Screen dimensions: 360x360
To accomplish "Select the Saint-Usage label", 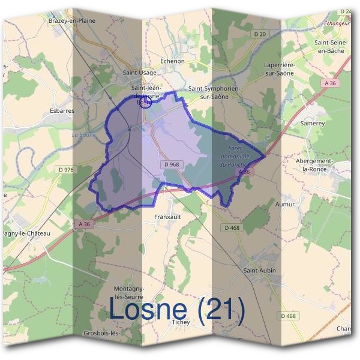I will click(139, 73).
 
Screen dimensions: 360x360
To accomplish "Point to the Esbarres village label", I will click(62, 110).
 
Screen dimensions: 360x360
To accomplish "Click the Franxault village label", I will click(167, 216).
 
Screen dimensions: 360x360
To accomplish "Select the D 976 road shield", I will click(66, 170).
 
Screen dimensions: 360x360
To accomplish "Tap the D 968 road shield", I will click(171, 164).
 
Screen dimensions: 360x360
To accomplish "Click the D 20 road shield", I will click(259, 34).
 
